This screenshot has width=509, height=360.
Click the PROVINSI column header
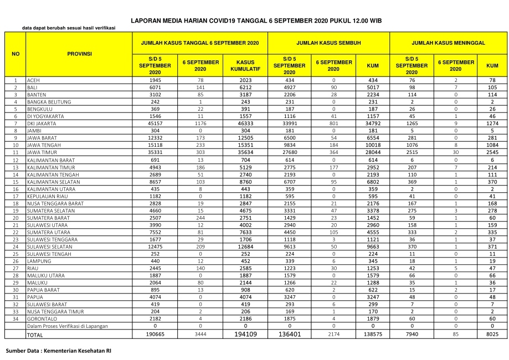pyautogui.click(x=79, y=54)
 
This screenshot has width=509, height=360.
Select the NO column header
pyautogui.click(x=16, y=54)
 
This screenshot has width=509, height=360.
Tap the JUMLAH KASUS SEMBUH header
pyautogui.click(x=328, y=42)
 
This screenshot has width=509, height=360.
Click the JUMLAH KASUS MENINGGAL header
pyautogui.click(x=448, y=42)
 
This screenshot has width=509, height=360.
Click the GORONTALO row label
pyautogui.click(x=42, y=319)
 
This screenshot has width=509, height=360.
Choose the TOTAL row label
pyautogui.click(x=35, y=335)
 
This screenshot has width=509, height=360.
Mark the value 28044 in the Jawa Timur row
pyautogui.click(x=373, y=152)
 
